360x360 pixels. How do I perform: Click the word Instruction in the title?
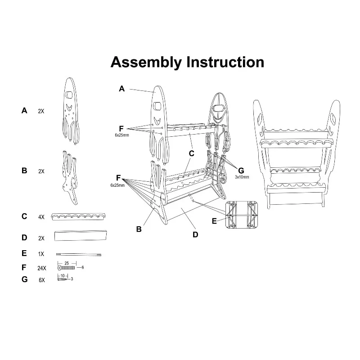226,62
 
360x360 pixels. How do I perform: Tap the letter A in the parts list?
24,110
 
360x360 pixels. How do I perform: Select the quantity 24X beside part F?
42,268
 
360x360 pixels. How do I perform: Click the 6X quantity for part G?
42,280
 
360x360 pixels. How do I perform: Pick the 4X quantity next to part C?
41,216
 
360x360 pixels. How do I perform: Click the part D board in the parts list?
81,235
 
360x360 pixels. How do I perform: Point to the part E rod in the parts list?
79,254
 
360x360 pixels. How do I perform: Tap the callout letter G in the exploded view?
241,171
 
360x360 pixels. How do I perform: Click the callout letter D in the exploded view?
195,234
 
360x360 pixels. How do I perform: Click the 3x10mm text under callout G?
242,177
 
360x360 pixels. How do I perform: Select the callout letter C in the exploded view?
191,153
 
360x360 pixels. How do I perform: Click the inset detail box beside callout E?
243,214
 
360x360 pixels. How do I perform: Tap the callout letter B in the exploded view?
139,229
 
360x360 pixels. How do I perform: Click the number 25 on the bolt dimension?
67,262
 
